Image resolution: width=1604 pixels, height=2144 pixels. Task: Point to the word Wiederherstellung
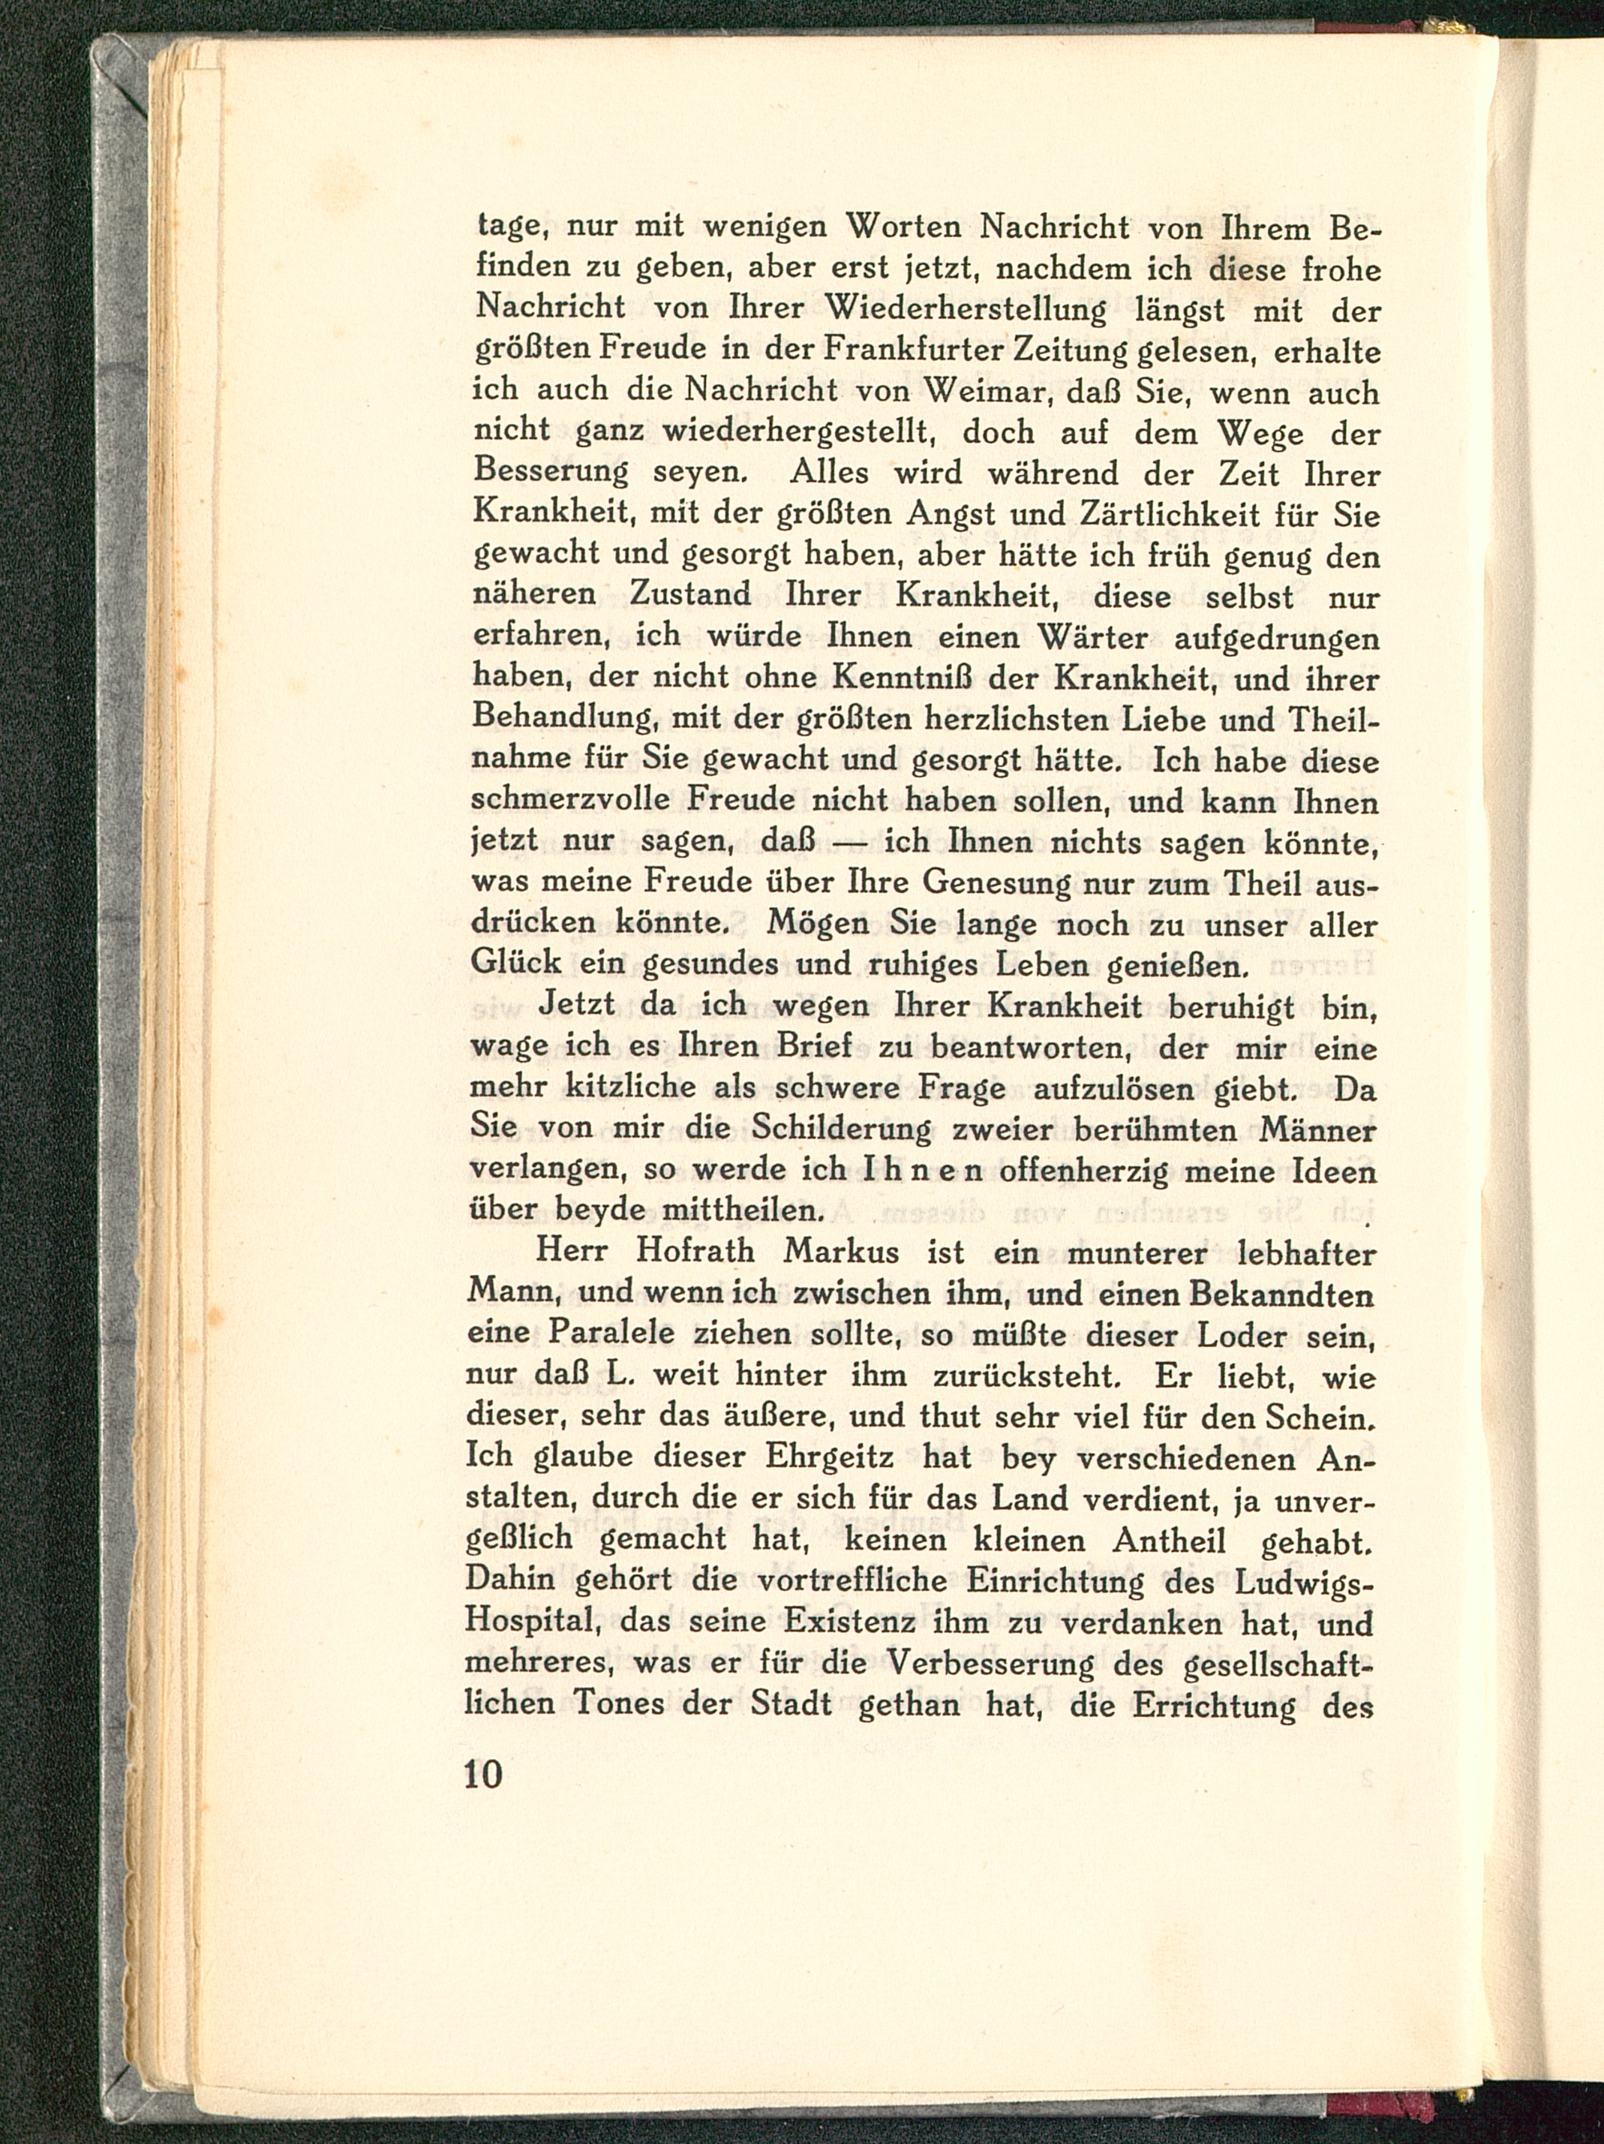click(x=966, y=311)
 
